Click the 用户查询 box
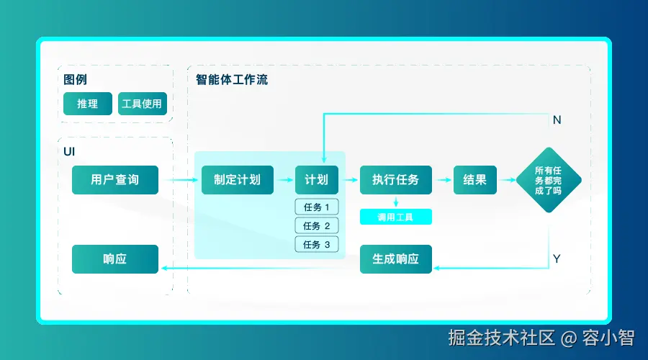click(x=115, y=180)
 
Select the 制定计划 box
click(x=237, y=180)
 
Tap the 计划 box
click(x=317, y=180)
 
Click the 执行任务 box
click(x=396, y=180)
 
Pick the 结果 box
click(x=475, y=180)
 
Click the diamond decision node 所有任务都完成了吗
click(x=549, y=180)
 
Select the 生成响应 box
click(x=396, y=259)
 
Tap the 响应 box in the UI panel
click(x=115, y=259)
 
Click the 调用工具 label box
click(x=396, y=217)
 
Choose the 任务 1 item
click(x=317, y=207)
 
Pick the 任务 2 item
click(x=317, y=226)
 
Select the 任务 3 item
click(x=317, y=245)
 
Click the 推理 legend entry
click(x=88, y=104)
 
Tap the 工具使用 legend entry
click(x=143, y=104)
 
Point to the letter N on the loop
click(x=557, y=120)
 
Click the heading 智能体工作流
click(x=232, y=80)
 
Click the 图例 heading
click(x=76, y=80)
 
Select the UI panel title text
click(x=70, y=152)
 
